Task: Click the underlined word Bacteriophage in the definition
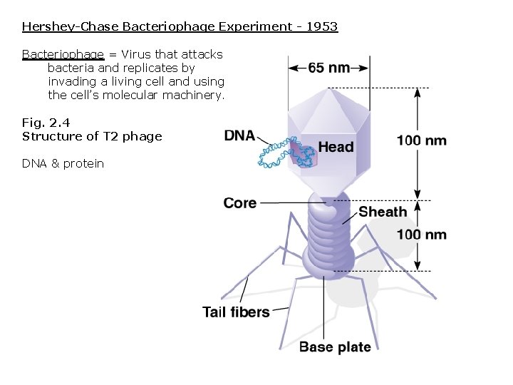pos(63,54)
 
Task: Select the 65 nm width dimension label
pos(328,68)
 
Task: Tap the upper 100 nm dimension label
pos(422,140)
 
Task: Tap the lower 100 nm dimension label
pos(422,235)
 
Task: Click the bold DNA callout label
pos(239,135)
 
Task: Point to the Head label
pos(336,147)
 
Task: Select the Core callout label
pos(240,203)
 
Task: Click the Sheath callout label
pos(383,212)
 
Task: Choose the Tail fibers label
pos(236,312)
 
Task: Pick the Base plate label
pos(335,347)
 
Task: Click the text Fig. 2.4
pos(46,123)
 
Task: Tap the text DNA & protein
pos(63,163)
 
